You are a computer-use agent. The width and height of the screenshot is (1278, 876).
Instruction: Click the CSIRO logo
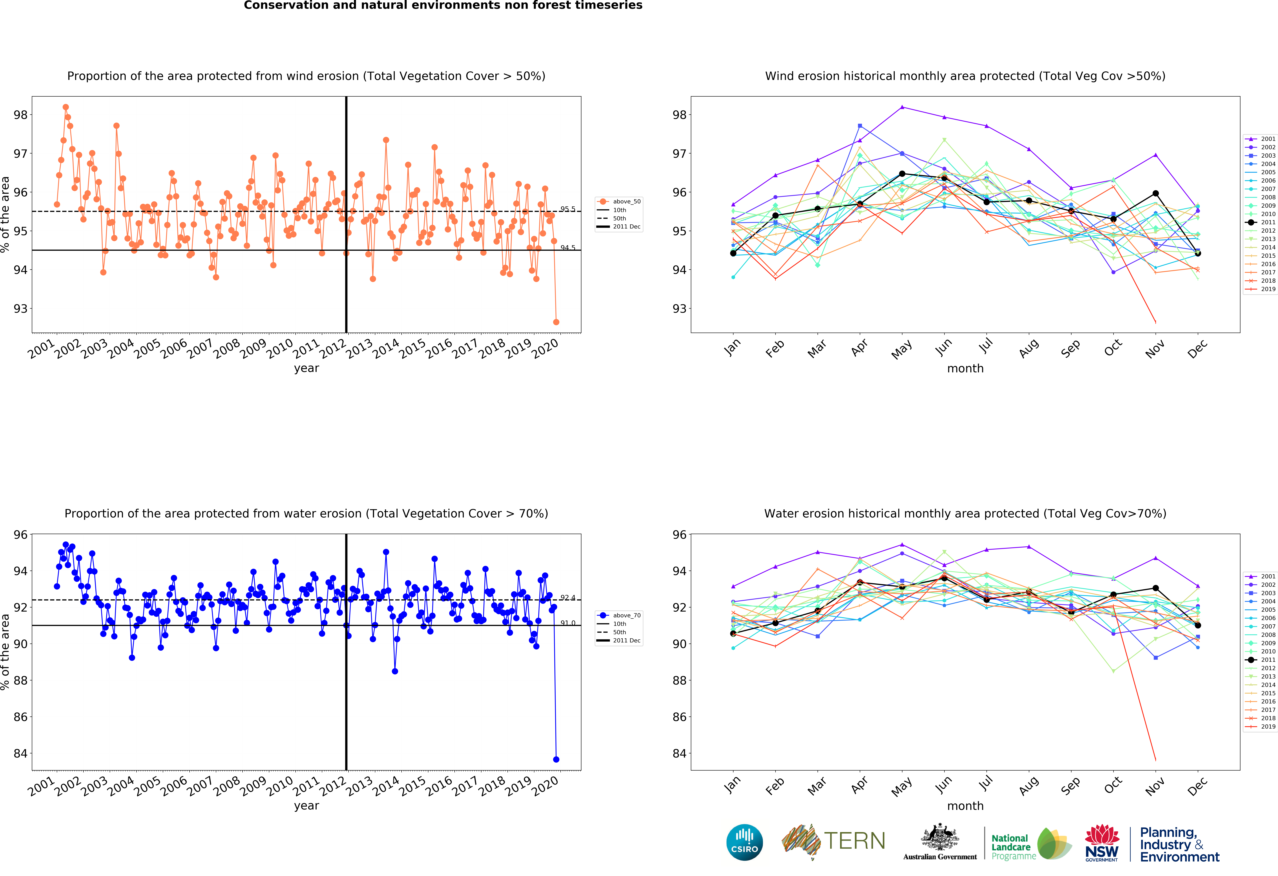(x=745, y=842)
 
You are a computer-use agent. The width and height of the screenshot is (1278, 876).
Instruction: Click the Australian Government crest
(x=940, y=841)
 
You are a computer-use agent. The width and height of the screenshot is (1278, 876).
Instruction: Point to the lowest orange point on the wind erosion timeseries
(x=556, y=322)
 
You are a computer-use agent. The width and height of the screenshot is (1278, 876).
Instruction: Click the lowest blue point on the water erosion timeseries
(x=556, y=759)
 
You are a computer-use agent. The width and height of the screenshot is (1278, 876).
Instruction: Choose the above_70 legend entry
(x=619, y=615)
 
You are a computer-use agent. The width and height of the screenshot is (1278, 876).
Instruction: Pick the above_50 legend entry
(x=619, y=201)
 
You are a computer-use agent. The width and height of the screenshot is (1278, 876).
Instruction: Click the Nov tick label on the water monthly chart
(x=1155, y=786)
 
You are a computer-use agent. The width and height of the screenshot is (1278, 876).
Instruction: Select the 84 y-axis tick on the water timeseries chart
(x=20, y=753)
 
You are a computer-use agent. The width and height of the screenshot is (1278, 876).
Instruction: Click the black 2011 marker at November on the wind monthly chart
(x=1155, y=194)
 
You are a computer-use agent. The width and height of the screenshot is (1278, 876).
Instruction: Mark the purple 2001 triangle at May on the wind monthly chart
(x=902, y=107)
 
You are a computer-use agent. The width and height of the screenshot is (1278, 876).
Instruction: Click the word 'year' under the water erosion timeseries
(x=306, y=806)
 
